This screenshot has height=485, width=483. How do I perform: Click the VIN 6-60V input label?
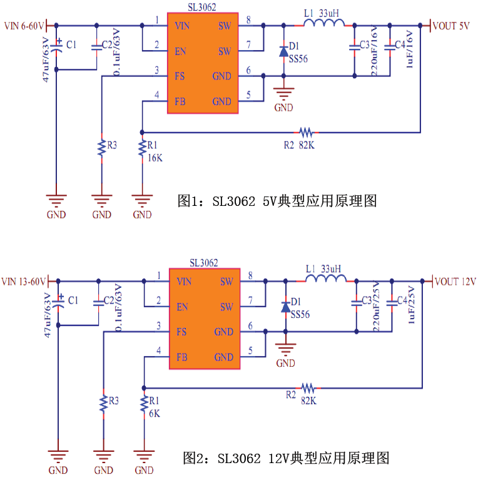24,26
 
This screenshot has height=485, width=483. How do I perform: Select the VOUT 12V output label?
455,281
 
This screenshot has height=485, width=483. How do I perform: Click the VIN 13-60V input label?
24,281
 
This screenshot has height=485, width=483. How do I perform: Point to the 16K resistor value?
155,158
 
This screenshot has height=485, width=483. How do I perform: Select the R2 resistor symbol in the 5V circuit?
306,133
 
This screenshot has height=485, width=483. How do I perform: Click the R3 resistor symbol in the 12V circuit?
103,401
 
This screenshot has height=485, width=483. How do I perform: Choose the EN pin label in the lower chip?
182,307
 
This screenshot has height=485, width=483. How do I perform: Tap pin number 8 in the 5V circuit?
249,21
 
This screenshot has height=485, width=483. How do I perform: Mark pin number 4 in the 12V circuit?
158,351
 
